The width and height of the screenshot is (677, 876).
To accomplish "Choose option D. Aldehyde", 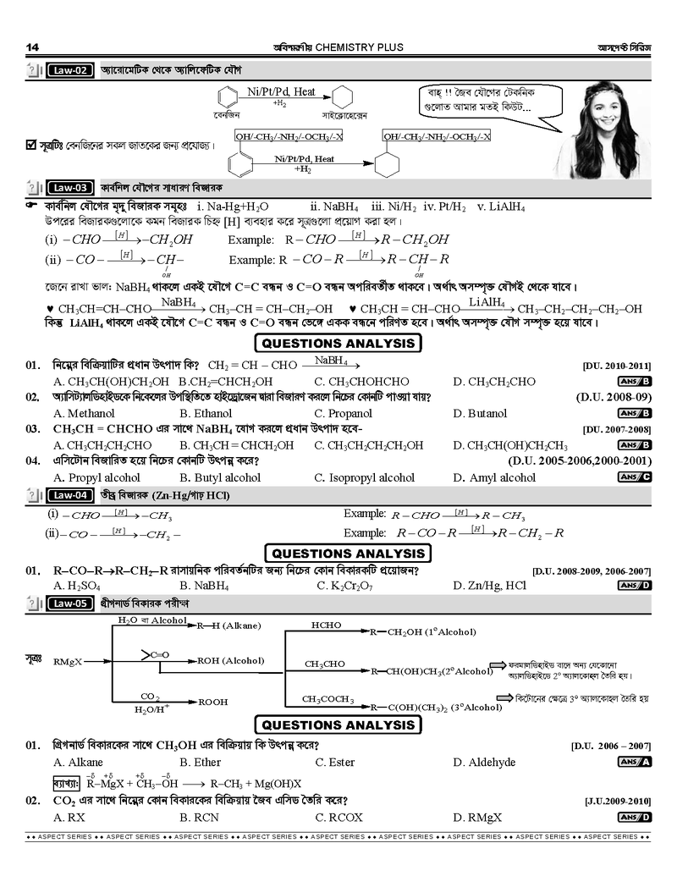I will point(484,762).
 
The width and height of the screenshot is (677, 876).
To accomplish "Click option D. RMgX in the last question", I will point(477,817).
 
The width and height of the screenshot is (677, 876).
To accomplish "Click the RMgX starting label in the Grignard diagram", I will point(68,661).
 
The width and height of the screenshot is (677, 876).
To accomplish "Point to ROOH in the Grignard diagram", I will point(213,702).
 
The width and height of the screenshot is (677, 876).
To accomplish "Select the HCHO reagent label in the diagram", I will point(327,625).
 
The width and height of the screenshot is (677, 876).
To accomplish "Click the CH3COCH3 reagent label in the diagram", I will point(329,699).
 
